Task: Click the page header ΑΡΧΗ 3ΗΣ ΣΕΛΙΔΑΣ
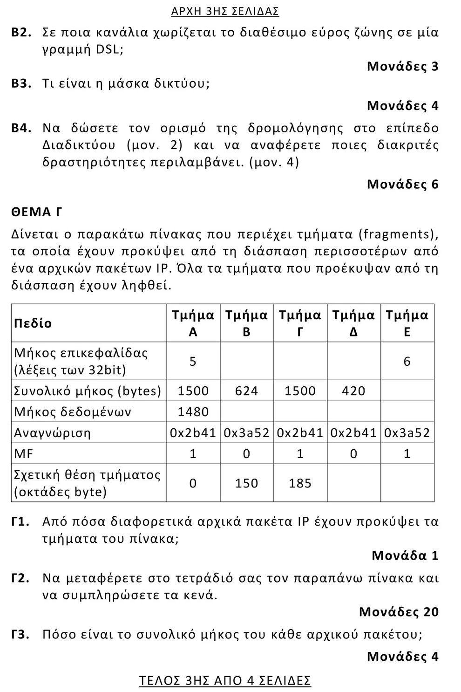(x=225, y=11)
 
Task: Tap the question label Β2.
(x=21, y=33)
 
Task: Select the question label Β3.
(x=21, y=84)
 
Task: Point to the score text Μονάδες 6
(x=402, y=185)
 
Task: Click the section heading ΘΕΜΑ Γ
(x=37, y=212)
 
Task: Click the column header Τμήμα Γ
(x=300, y=323)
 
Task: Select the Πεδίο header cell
(x=33, y=323)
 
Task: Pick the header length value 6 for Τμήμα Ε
(x=407, y=361)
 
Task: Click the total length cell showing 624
(x=246, y=391)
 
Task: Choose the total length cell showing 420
(x=353, y=391)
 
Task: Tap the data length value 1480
(x=193, y=412)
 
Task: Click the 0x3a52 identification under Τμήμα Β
(x=246, y=433)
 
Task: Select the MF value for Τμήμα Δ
(x=353, y=453)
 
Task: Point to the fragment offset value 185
(x=300, y=483)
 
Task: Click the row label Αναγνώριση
(x=52, y=433)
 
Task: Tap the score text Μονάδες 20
(x=399, y=612)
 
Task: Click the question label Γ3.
(x=21, y=635)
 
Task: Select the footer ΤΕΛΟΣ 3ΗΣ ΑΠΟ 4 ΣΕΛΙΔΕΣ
(x=225, y=681)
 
